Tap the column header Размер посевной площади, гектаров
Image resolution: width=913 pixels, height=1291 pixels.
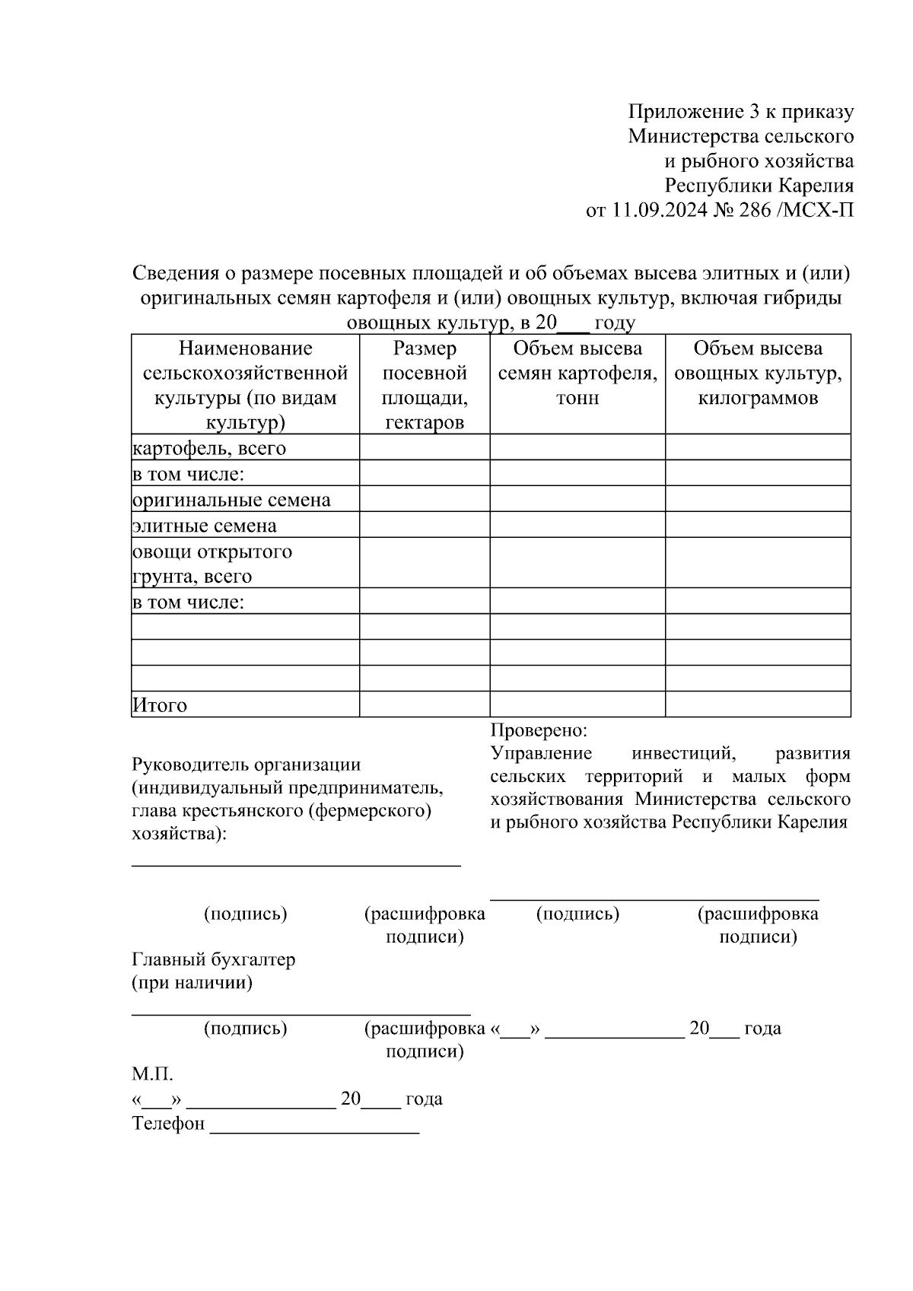[424, 385]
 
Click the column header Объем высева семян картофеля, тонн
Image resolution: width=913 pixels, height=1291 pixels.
[577, 373]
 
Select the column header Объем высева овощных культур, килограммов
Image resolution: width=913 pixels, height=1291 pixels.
[758, 373]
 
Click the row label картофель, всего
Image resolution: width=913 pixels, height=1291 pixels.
[209, 448]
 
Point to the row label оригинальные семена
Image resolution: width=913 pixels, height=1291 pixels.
[231, 500]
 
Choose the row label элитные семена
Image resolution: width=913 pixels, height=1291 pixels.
[205, 526]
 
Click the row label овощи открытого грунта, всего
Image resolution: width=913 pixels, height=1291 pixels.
[212, 564]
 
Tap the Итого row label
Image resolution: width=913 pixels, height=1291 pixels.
[160, 705]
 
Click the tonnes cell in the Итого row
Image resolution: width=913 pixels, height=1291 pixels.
[577, 704]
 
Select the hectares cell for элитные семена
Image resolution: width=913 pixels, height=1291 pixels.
[424, 525]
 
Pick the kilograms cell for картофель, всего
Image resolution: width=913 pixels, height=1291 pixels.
[758, 447]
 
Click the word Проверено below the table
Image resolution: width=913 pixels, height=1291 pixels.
[538, 730]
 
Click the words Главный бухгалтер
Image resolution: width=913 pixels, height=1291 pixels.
[213, 960]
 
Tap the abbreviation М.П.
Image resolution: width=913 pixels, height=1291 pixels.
[152, 1075]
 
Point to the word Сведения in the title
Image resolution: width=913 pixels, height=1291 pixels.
[172, 272]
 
